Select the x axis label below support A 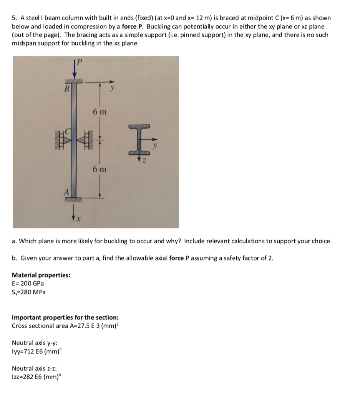point(78,218)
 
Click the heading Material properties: point(41,275)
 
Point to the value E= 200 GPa point(28,284)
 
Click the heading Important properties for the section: point(65,317)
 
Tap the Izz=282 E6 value point(35,377)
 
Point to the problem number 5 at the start point(14,18)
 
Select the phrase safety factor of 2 point(254,258)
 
